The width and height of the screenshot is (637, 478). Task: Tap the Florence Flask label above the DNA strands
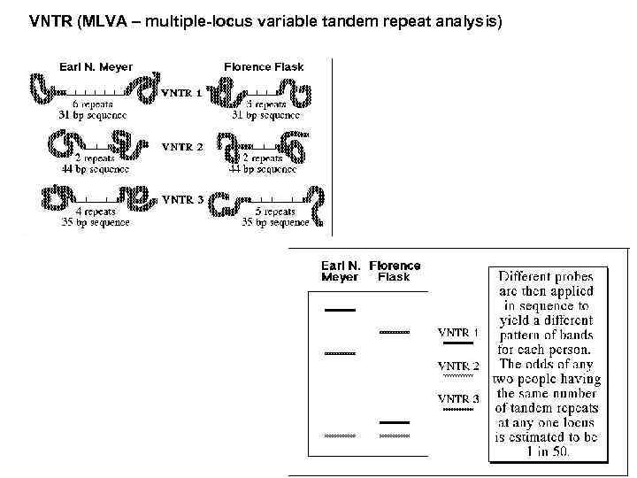(x=264, y=66)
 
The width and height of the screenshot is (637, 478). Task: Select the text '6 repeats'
(x=93, y=104)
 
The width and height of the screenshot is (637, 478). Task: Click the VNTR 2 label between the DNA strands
(x=181, y=146)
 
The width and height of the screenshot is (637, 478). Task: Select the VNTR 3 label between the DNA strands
(x=182, y=199)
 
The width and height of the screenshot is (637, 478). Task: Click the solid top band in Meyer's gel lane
(x=340, y=311)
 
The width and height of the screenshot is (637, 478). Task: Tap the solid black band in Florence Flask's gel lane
(x=394, y=423)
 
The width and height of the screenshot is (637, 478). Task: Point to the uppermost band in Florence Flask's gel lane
(x=395, y=331)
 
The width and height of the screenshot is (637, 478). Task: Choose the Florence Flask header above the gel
(x=395, y=271)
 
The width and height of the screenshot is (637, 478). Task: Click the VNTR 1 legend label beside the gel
(x=458, y=332)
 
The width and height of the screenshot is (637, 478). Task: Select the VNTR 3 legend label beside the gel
(x=458, y=398)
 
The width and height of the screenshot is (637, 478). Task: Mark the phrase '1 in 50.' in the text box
(x=545, y=451)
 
